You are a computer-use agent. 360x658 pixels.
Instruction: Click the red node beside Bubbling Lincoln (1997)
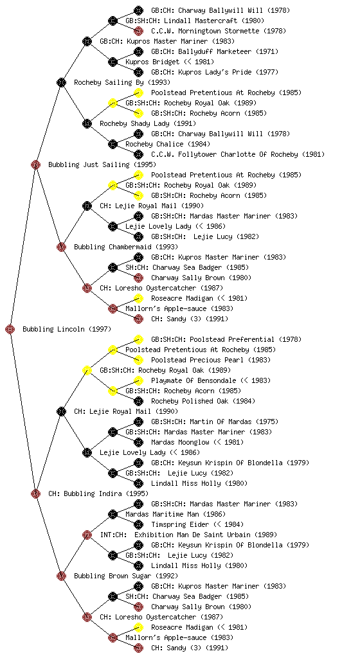10,329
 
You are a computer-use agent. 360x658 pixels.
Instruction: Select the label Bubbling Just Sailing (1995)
102,164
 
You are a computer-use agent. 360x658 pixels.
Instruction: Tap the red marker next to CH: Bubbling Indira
35,493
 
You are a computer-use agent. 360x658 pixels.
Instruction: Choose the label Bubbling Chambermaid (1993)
126,247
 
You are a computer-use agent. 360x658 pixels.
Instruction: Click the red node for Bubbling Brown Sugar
61,576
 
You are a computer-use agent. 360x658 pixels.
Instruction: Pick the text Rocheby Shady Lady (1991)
148,123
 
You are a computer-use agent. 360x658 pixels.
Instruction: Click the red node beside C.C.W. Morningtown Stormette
138,31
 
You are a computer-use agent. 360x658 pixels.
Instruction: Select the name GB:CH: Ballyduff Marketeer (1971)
215,51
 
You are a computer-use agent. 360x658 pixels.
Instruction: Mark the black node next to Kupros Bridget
113,62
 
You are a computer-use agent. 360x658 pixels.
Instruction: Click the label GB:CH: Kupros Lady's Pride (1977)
215,72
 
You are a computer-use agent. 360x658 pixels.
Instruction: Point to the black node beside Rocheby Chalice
113,144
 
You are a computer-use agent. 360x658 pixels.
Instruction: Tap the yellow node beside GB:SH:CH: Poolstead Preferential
138,339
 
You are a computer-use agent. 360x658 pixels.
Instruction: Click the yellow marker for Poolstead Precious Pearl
138,360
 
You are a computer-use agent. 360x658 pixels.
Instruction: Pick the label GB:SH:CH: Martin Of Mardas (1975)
215,422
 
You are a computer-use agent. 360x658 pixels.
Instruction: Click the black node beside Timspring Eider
138,524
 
